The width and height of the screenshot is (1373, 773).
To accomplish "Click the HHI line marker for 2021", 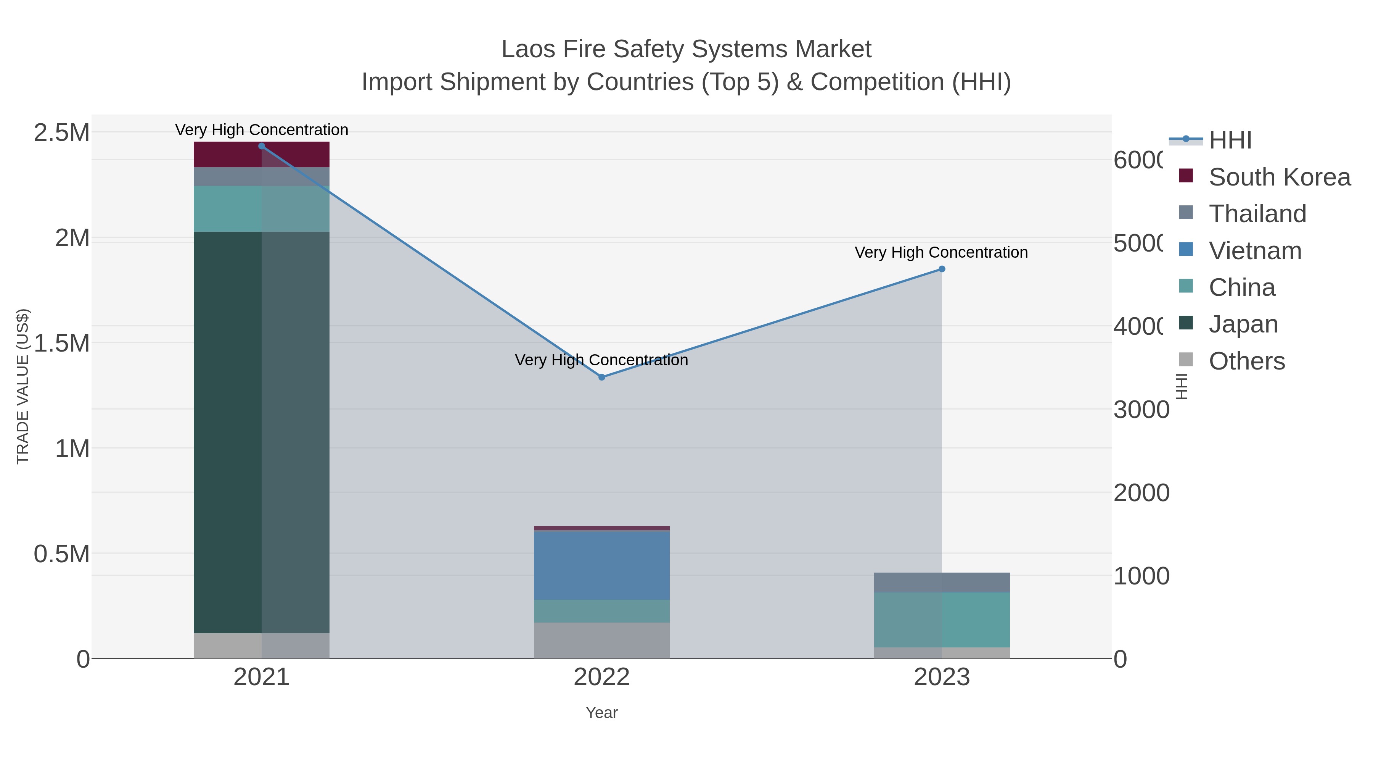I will [261, 146].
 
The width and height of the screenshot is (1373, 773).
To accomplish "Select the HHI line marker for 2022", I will [602, 377].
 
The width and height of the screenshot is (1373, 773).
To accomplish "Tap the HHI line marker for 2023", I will [942, 270].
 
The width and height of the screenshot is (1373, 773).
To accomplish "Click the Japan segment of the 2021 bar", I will [261, 432].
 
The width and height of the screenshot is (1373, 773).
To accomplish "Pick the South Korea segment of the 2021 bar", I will [261, 155].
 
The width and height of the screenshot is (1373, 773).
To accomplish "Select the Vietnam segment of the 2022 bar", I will [602, 565].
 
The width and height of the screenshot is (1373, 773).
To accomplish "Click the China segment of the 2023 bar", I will [942, 620].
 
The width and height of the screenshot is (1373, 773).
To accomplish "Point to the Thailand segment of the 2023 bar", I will [942, 583].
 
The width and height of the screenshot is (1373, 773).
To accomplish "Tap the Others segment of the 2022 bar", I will [602, 640].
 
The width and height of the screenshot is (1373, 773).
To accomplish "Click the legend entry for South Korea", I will [1279, 177].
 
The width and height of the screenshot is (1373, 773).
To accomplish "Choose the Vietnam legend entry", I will [1255, 251].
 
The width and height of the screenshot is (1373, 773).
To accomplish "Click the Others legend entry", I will [1246, 361].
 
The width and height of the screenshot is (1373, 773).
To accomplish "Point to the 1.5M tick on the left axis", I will [62, 343].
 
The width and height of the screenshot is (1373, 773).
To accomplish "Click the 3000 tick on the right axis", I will [1141, 410].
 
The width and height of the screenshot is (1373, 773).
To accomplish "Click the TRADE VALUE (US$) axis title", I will [23, 386].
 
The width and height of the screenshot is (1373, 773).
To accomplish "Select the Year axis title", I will [602, 713].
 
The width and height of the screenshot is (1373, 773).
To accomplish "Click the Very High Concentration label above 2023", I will [941, 252].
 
